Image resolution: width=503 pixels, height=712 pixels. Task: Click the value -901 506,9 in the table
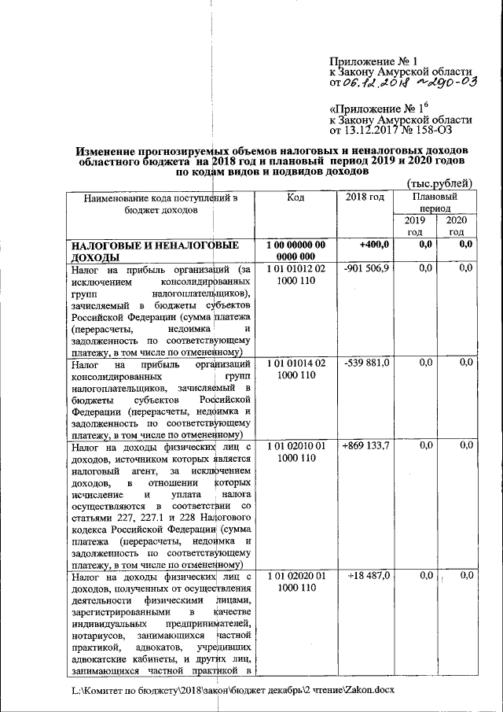click(365, 269)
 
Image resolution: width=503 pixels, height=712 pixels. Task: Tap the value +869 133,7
click(365, 445)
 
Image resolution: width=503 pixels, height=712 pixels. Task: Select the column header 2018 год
click(365, 197)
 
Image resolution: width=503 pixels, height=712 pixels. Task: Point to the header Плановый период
click(435, 202)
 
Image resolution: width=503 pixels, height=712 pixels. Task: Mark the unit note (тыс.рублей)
click(439, 183)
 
